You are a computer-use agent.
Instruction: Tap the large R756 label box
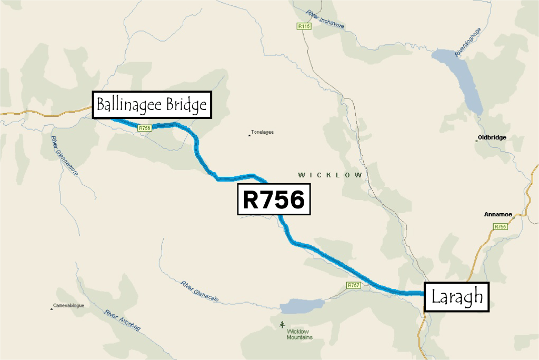[274, 200]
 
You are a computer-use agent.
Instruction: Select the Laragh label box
[457, 297]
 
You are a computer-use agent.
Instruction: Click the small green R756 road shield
[145, 128]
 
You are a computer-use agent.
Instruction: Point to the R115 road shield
[303, 26]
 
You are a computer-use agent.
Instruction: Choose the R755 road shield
[500, 226]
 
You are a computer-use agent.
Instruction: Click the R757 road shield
[353, 285]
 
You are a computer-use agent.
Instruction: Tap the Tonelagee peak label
[262, 132]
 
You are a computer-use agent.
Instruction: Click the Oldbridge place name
[492, 137]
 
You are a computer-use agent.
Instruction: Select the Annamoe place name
[498, 215]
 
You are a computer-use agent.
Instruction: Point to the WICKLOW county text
[330, 175]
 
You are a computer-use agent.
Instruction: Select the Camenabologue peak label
[68, 306]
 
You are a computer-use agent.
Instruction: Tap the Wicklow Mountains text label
[300, 334]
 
